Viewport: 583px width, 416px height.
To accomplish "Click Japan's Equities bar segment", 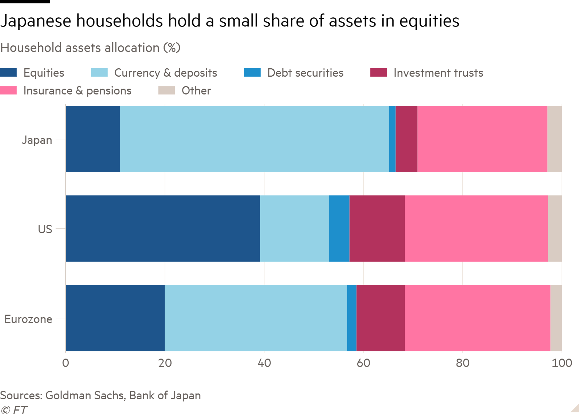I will coord(93,139).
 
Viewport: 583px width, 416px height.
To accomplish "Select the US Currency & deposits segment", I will coord(294,229).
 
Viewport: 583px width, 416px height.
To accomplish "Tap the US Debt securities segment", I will coord(339,229).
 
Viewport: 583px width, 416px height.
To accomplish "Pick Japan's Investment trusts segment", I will coord(406,139).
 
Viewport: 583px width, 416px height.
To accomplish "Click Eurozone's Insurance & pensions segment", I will coord(478,318).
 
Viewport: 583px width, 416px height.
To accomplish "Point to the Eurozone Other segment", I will coord(556,318).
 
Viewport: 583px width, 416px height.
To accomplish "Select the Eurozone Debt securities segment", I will coord(352,318).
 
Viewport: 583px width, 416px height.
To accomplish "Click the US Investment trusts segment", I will coord(377,229).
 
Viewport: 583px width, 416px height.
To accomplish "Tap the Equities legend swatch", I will coord(8,73).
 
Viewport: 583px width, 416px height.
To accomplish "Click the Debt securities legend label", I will coord(305,73).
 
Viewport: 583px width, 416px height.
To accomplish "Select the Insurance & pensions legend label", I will coord(77,90).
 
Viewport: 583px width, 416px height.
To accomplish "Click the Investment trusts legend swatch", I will coord(378,73).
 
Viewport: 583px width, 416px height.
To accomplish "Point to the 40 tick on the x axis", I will coord(264,363).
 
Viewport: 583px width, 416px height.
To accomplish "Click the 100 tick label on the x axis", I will coord(562,363).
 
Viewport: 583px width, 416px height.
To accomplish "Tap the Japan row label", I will coord(37,140).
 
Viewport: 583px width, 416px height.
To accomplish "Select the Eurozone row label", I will coord(28,319).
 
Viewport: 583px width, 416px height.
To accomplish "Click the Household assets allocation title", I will coord(90,48).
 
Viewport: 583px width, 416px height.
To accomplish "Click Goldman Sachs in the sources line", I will coord(84,395).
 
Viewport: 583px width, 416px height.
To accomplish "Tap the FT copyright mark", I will coord(14,410).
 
